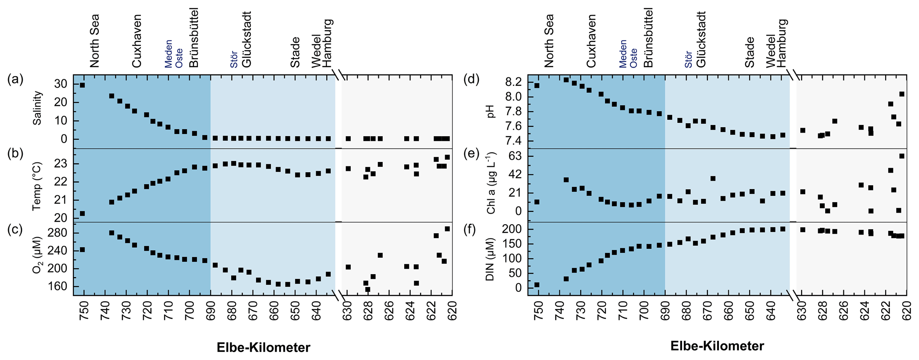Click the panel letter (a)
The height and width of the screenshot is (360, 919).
(x=16, y=80)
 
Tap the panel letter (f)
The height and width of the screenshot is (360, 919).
(x=470, y=230)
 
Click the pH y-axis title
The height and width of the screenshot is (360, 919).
(x=491, y=111)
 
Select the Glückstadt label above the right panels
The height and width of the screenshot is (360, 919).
(x=701, y=39)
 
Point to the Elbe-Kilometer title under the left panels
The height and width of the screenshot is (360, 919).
(x=264, y=348)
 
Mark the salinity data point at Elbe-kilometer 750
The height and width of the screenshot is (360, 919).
(x=82, y=85)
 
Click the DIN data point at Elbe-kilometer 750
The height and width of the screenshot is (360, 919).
(x=537, y=285)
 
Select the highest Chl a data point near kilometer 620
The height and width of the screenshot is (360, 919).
(x=902, y=156)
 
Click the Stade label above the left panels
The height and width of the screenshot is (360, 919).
(x=295, y=53)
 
